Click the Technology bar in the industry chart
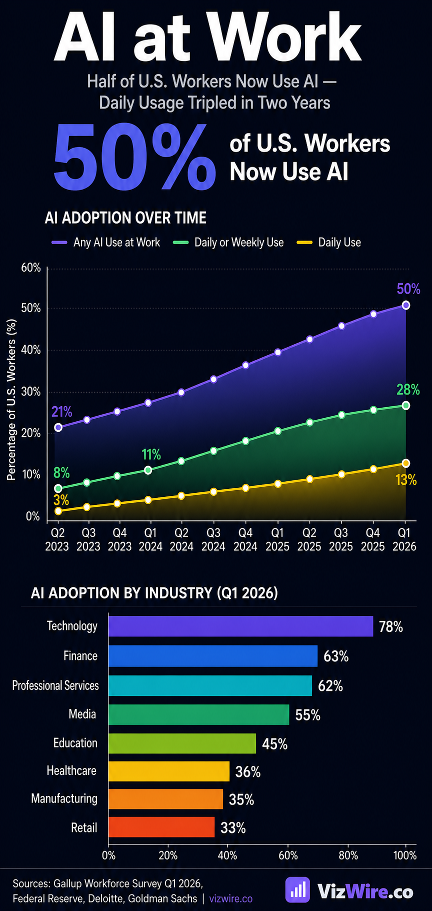coord(240,626)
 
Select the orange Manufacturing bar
coord(165,799)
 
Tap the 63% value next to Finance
coord(335,656)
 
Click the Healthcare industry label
coord(71,770)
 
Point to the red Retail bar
coord(161,827)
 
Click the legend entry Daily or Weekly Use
coord(238,243)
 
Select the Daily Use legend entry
coord(339,243)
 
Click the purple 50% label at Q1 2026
coord(408,289)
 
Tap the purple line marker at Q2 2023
coord(58,427)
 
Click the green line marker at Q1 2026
coord(405,405)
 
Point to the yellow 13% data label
coord(405,480)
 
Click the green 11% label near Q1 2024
coord(151,455)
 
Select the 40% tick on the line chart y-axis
coord(31,350)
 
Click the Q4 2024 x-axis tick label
coord(245,539)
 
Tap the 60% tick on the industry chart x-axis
coord(288,855)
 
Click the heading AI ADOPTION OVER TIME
coord(125,218)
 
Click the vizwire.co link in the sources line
coord(230,898)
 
